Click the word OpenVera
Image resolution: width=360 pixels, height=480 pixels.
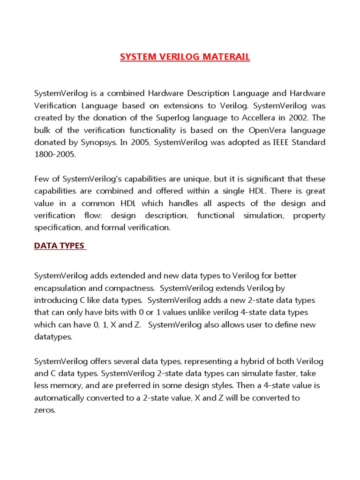[257, 129]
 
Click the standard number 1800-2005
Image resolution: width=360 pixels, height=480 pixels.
[55, 154]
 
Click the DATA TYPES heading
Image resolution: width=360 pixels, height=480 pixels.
[60, 246]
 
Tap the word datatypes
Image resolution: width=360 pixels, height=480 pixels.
[53, 337]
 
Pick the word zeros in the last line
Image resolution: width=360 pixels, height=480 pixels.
[45, 410]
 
